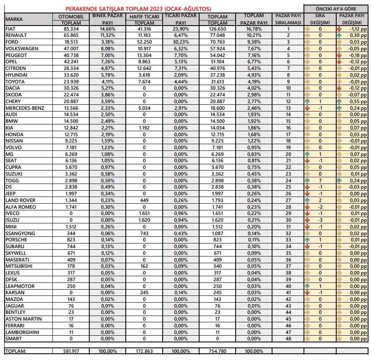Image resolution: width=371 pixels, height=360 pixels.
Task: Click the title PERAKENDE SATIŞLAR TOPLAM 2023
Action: pos(138,9)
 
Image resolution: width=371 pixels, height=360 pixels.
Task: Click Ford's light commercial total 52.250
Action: pos(144,42)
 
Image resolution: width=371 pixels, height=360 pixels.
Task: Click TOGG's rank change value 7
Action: pos(320,181)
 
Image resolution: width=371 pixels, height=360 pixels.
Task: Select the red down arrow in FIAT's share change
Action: pos(339,29)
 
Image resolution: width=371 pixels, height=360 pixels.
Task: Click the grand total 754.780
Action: pos(217,351)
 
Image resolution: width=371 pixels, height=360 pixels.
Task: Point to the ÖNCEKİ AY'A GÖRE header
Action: pos(336,9)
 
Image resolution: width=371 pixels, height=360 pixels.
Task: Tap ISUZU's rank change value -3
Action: pos(320,220)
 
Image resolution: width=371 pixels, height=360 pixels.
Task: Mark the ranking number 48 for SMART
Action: pos(288,339)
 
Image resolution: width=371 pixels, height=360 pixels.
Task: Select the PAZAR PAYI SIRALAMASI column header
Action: pos(288,19)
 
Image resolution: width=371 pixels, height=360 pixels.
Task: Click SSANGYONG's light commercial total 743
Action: pos(144,233)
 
